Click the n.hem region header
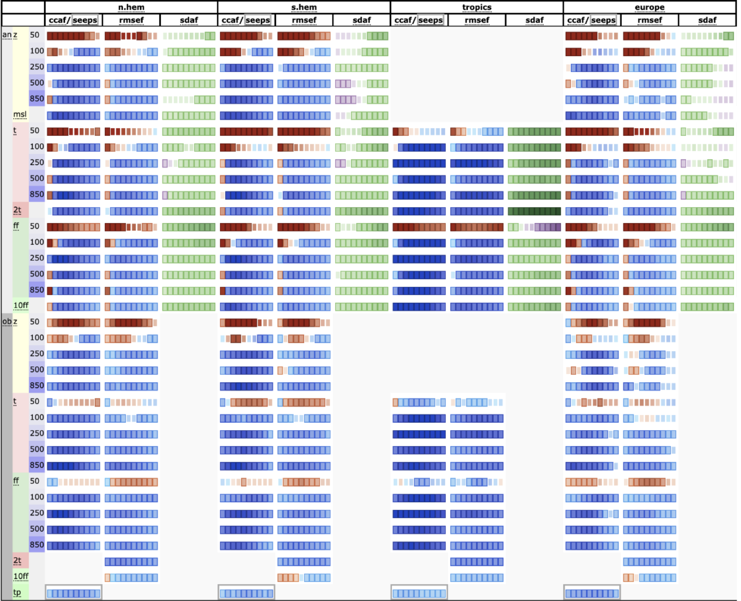click(x=131, y=7)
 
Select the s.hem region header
click(x=304, y=7)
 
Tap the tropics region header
click(x=477, y=7)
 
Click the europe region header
click(x=649, y=7)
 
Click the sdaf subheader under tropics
click(x=535, y=20)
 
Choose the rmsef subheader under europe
click(x=649, y=20)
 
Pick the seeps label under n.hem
click(x=85, y=20)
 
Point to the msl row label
click(x=20, y=115)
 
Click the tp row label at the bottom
click(x=17, y=592)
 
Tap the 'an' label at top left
click(x=7, y=35)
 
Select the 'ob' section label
click(x=7, y=321)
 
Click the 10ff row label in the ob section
click(x=21, y=576)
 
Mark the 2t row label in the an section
click(x=17, y=210)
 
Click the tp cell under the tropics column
click(x=419, y=593)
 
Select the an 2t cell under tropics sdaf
click(x=535, y=211)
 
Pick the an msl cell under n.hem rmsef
click(x=131, y=115)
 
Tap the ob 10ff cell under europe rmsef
click(x=649, y=578)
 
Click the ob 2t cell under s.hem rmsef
click(x=304, y=562)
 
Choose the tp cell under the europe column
click(x=592, y=593)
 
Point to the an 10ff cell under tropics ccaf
click(x=419, y=307)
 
